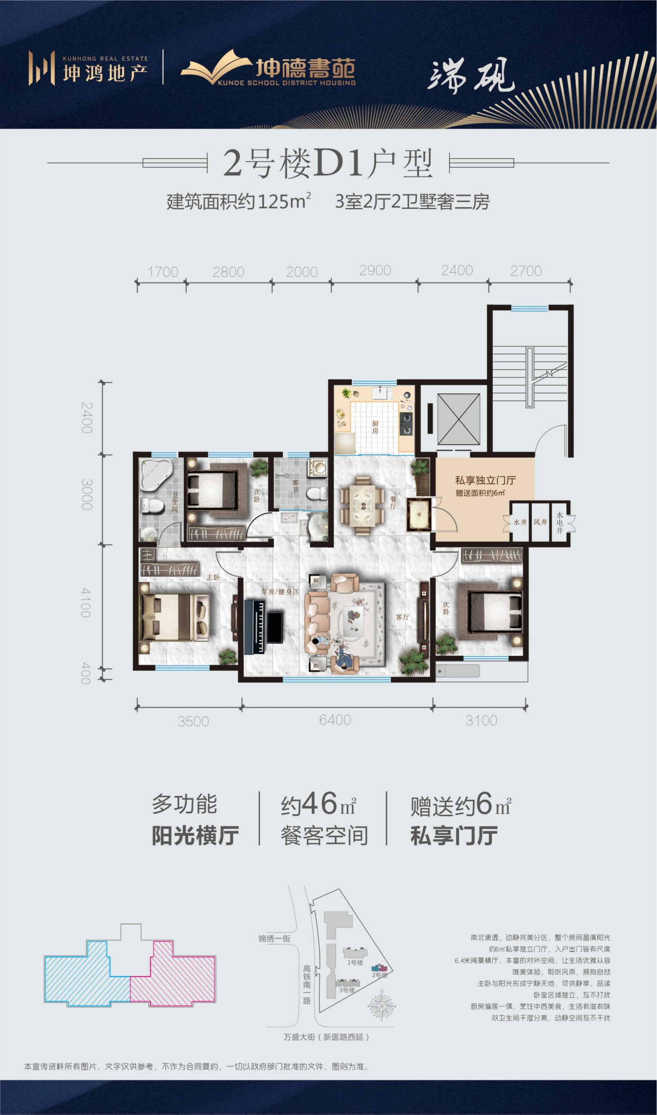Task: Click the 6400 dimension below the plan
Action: click(x=335, y=720)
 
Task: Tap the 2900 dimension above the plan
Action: click(x=375, y=270)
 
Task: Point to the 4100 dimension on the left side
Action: click(x=86, y=602)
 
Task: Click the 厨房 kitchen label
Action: click(x=375, y=427)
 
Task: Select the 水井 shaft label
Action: click(x=520, y=522)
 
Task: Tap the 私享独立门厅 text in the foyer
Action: click(x=485, y=480)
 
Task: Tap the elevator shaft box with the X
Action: click(x=459, y=419)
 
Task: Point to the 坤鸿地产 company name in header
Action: click(x=105, y=73)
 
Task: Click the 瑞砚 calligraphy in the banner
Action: click(x=471, y=75)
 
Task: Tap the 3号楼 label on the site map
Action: click(x=347, y=990)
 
